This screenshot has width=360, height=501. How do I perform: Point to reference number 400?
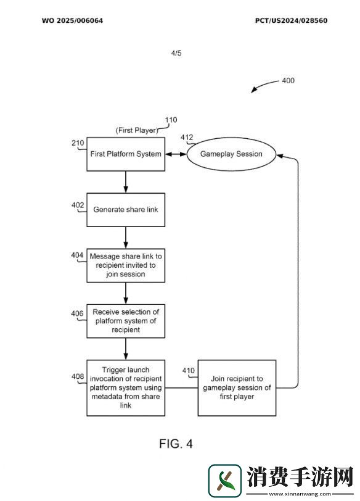[x=288, y=80]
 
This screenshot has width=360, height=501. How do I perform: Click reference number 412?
[x=187, y=138]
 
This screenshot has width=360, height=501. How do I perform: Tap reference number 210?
[x=78, y=143]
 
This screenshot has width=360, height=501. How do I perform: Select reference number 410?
[x=188, y=370]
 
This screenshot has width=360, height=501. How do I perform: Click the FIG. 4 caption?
[x=176, y=444]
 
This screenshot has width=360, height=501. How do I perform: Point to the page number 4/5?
[x=176, y=53]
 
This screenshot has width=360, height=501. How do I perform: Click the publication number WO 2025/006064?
[x=73, y=21]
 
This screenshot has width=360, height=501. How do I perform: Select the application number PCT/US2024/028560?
[x=291, y=21]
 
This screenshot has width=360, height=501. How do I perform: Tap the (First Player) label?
[x=137, y=130]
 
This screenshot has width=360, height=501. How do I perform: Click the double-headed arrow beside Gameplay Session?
[x=176, y=154]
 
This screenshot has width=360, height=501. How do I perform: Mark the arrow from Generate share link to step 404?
[x=126, y=238]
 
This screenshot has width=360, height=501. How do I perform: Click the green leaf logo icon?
[x=224, y=481]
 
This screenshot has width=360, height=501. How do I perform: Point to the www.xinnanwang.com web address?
[x=300, y=494]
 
